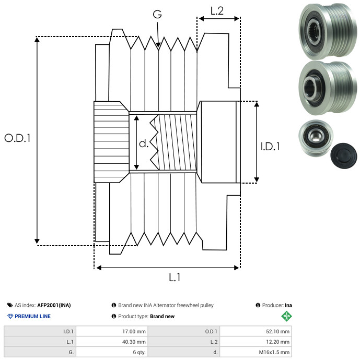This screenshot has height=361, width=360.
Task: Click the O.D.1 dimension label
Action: (x=18, y=138)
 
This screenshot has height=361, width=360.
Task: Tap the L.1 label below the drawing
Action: (x=174, y=278)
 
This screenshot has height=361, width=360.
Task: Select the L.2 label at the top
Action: (x=217, y=10)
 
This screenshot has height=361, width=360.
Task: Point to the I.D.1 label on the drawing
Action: (x=270, y=147)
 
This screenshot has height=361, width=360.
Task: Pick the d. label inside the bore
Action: (x=143, y=143)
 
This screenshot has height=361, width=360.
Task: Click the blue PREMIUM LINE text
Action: (x=32, y=316)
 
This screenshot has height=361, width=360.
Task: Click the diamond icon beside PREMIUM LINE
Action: (x=10, y=316)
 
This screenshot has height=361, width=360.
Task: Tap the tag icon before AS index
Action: (x=10, y=305)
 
